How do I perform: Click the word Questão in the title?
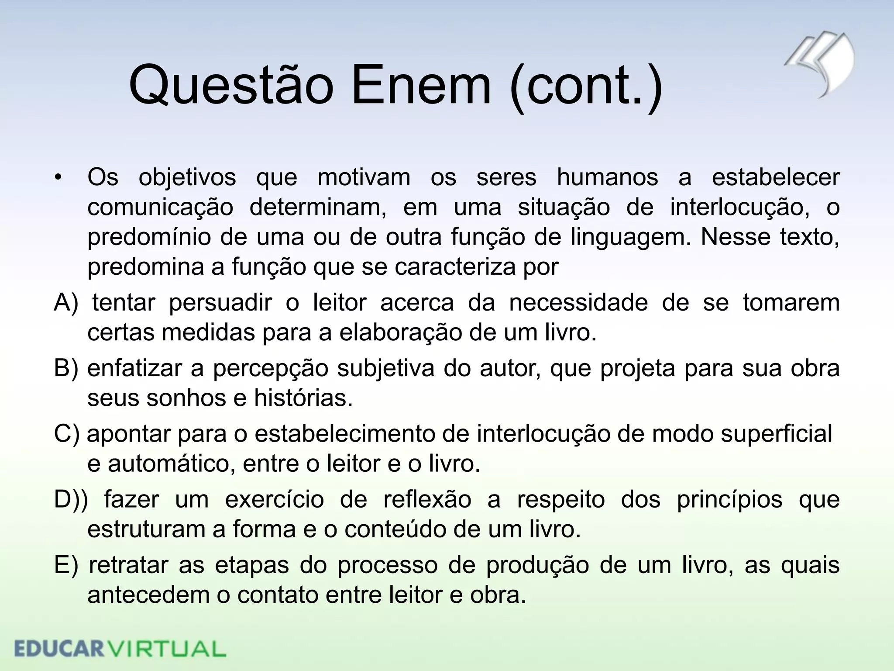231,86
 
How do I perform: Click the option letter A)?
66,303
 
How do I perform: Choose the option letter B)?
66,368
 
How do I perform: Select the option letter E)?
66,565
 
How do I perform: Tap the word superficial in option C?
777,434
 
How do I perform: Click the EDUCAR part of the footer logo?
58,649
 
